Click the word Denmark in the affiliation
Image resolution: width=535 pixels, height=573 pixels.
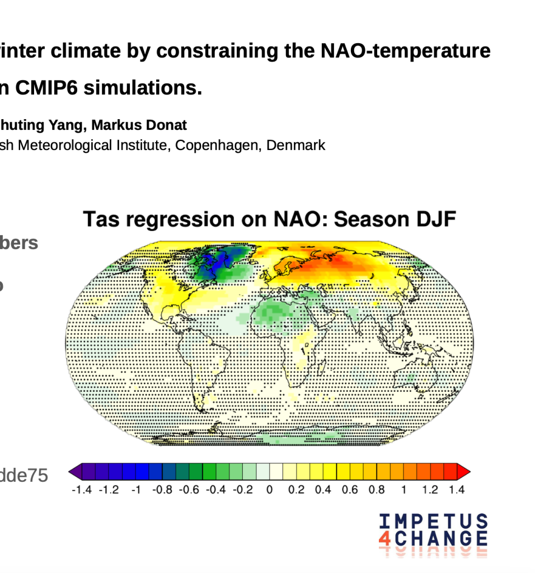295,145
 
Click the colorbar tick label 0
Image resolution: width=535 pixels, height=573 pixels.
269,490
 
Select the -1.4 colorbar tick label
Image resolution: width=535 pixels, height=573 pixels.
82,490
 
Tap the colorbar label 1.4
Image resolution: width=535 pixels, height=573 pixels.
456,490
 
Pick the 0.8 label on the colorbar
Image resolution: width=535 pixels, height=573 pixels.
377,490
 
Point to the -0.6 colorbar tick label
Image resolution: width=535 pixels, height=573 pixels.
189,490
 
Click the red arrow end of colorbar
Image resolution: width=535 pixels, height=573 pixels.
464,472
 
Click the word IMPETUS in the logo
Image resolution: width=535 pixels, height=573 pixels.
433,522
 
